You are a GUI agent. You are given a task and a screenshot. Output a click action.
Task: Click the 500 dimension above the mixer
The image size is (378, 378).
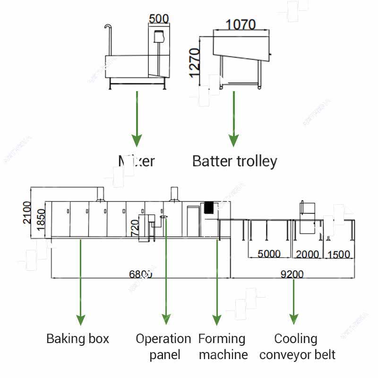click(159, 19)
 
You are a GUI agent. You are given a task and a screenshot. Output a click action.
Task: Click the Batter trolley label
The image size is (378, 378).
click(234, 162)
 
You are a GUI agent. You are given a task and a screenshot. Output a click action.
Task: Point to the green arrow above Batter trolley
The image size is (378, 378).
click(233, 119)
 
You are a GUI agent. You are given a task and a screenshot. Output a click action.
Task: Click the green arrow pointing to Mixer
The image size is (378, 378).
click(137, 119)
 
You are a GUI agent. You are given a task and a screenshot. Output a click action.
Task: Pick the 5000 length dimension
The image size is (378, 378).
click(269, 254)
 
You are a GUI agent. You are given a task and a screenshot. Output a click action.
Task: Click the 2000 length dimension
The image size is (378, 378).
click(308, 254)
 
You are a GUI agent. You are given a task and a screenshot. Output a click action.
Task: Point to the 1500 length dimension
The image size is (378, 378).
click(339, 254)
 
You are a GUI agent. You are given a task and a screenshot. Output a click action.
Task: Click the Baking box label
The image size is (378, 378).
click(77, 339)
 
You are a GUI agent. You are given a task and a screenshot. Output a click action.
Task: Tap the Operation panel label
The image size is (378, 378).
click(163, 346)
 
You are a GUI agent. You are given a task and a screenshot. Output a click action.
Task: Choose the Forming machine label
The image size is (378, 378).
click(223, 346)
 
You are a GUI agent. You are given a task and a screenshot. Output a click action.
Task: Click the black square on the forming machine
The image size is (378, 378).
click(208, 207)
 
